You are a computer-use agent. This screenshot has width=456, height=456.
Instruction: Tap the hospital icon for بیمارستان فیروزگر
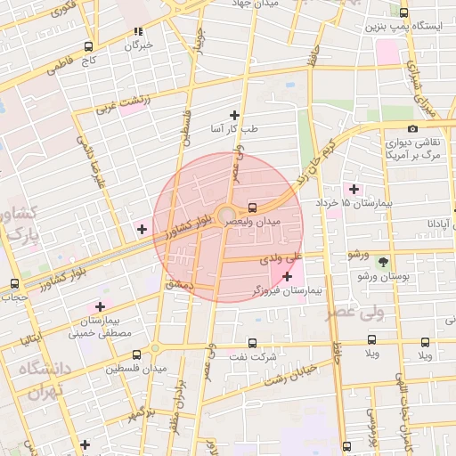coord(287,277)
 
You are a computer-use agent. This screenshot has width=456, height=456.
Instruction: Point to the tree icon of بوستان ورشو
coord(384,262)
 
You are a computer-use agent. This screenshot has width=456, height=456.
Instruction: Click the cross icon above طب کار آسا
coord(234,115)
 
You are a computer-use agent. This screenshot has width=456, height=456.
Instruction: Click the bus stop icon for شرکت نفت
coord(252,343)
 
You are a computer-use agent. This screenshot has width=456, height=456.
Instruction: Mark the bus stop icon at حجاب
coord(13,283)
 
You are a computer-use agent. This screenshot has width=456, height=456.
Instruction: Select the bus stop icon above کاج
coord(88,46)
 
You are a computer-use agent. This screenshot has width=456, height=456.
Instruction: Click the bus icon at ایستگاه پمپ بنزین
coord(405,13)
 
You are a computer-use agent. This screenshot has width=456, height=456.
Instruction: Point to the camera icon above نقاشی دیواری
coord(411,129)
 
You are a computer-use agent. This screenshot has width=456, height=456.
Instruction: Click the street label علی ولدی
coord(281,260)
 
